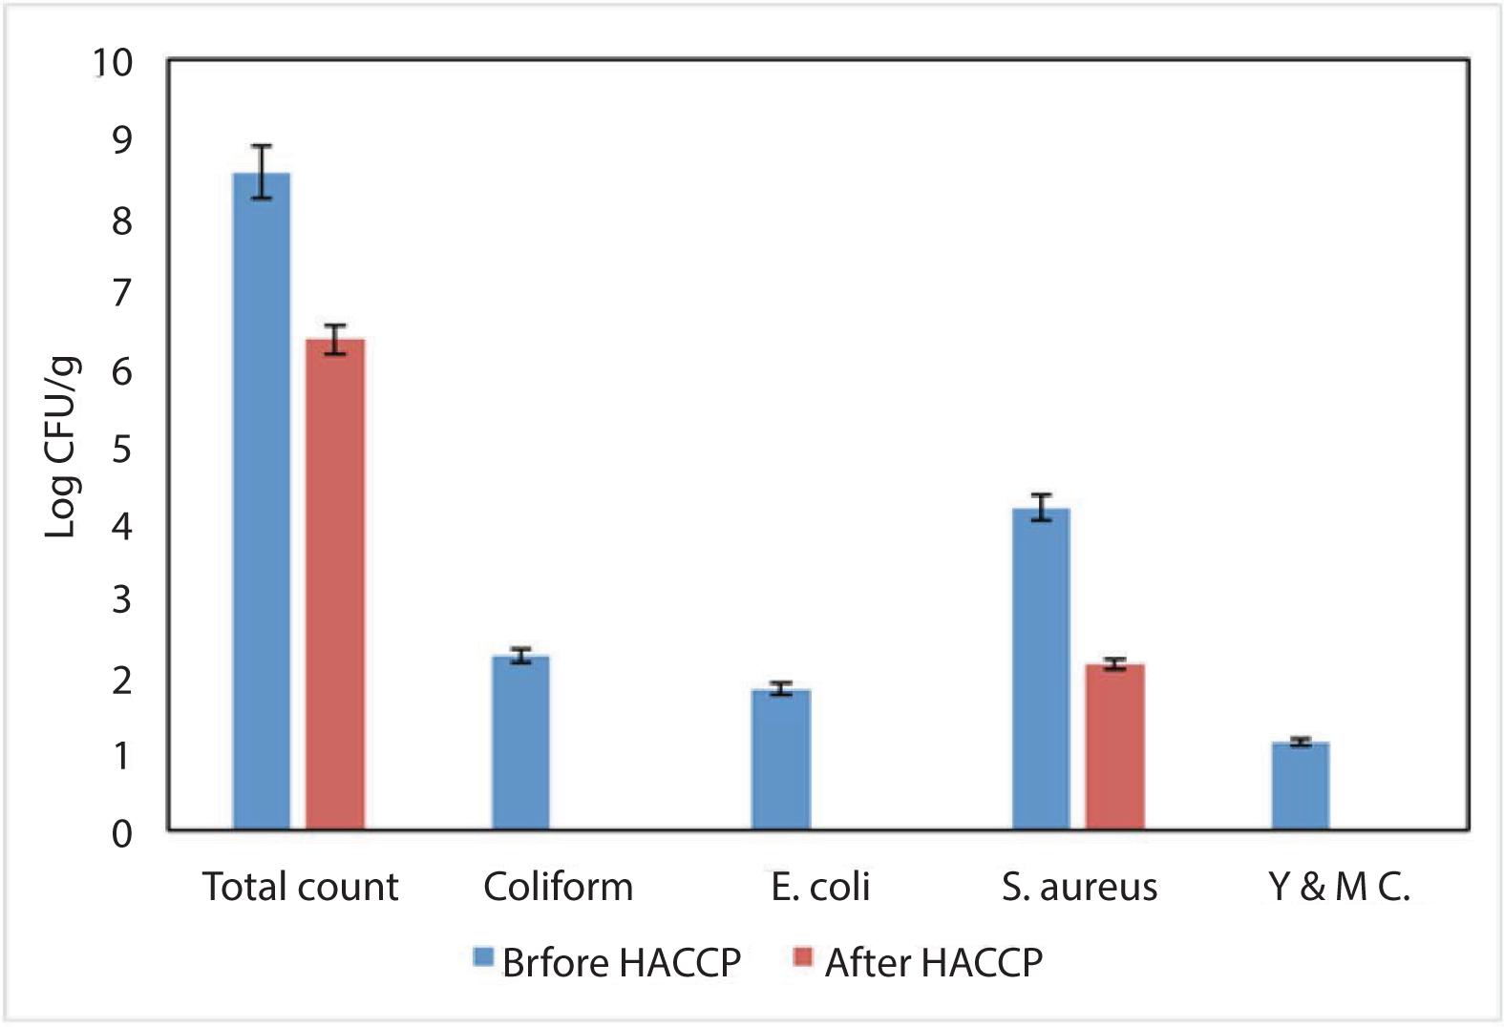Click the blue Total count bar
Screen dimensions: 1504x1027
[262, 501]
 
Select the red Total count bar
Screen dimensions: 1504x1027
[335, 585]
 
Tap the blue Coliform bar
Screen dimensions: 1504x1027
[520, 744]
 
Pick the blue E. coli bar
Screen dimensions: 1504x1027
[781, 760]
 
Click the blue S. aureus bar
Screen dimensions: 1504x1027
[1041, 669]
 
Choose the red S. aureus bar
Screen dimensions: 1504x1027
[1114, 747]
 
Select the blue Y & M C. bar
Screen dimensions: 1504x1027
[1301, 786]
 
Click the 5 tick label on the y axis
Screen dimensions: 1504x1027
[121, 449]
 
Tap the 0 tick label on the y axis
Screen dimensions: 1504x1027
[121, 834]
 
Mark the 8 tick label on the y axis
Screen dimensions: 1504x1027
[121, 220]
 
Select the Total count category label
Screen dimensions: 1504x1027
[300, 886]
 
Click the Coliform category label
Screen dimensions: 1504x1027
[558, 886]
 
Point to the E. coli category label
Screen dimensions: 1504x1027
[820, 886]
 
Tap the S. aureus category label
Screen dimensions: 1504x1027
[1080, 887]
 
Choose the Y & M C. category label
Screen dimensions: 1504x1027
[1339, 886]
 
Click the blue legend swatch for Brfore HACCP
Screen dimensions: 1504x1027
[483, 956]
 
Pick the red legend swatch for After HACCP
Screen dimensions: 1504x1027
[803, 956]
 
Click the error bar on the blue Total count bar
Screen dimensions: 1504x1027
[262, 172]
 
